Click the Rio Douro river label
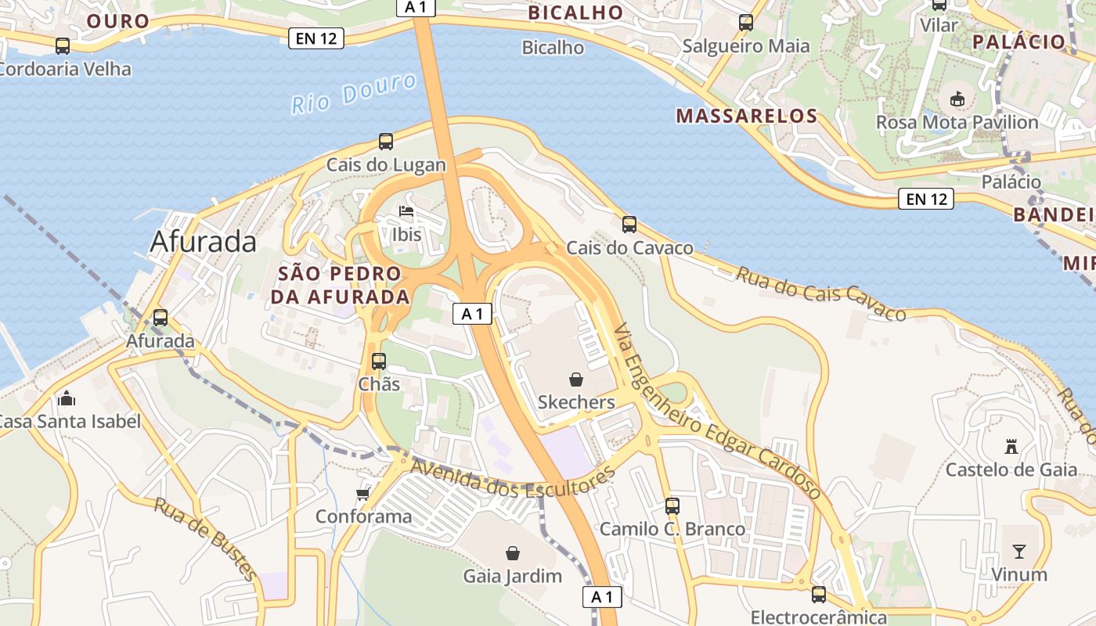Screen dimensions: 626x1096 tap(354, 93)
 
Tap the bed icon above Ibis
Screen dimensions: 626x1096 tap(406, 211)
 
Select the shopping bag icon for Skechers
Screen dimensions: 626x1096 tap(576, 380)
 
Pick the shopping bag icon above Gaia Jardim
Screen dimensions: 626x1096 tap(513, 553)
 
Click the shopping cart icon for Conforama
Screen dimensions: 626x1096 tap(362, 494)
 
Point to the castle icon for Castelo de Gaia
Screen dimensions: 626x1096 tap(1011, 447)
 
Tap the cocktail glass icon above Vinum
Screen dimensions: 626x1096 tap(1018, 552)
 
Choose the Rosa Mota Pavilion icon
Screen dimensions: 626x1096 tap(957, 99)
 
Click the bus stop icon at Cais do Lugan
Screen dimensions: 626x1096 tap(386, 142)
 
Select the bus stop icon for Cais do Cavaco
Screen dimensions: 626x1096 tap(629, 225)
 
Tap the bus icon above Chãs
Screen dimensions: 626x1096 tap(379, 362)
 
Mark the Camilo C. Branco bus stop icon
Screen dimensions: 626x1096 tap(672, 506)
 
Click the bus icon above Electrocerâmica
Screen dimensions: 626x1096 tap(819, 595)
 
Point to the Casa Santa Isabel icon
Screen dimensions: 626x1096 tap(67, 398)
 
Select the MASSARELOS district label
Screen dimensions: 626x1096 tap(747, 117)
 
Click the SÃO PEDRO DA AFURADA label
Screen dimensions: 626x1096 tap(341, 286)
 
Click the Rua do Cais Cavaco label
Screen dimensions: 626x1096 tap(820, 294)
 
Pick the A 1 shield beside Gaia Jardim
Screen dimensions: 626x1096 tap(602, 597)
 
